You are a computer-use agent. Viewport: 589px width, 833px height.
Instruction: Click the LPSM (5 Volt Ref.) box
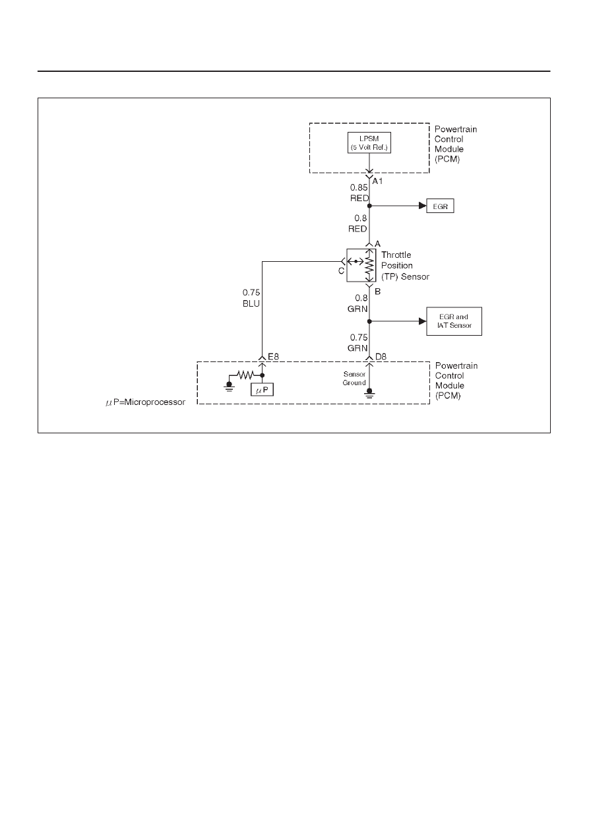coord(369,143)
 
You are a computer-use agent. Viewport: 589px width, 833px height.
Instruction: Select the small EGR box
coord(440,206)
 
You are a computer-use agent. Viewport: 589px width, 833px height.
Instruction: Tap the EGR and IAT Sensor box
coord(454,321)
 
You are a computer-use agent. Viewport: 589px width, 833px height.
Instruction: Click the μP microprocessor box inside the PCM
coord(262,389)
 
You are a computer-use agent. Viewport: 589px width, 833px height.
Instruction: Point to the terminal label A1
coord(377,181)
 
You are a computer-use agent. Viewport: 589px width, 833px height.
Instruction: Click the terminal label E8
coord(273,357)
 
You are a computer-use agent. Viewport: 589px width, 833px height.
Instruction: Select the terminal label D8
coord(381,357)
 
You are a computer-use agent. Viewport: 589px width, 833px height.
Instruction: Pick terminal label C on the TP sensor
coord(341,271)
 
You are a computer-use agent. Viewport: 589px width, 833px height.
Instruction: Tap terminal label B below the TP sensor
coord(377,292)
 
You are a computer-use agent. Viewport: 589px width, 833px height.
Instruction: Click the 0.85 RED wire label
coord(359,193)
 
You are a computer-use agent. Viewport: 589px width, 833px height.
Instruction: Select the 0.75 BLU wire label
coord(251,298)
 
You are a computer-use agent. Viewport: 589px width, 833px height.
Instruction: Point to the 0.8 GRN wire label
coord(357,303)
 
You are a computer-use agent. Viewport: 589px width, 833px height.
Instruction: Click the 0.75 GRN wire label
coord(357,342)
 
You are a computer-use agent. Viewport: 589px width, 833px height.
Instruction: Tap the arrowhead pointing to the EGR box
coord(422,206)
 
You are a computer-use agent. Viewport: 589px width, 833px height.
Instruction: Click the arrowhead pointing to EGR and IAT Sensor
coord(422,321)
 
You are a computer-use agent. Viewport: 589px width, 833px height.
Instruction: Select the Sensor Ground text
coord(354,378)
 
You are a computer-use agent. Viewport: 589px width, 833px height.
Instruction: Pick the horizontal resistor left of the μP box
coord(245,375)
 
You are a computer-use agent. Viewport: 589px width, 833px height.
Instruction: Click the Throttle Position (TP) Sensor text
coord(406,266)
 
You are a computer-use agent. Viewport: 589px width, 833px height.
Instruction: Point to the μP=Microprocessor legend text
coord(145,402)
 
